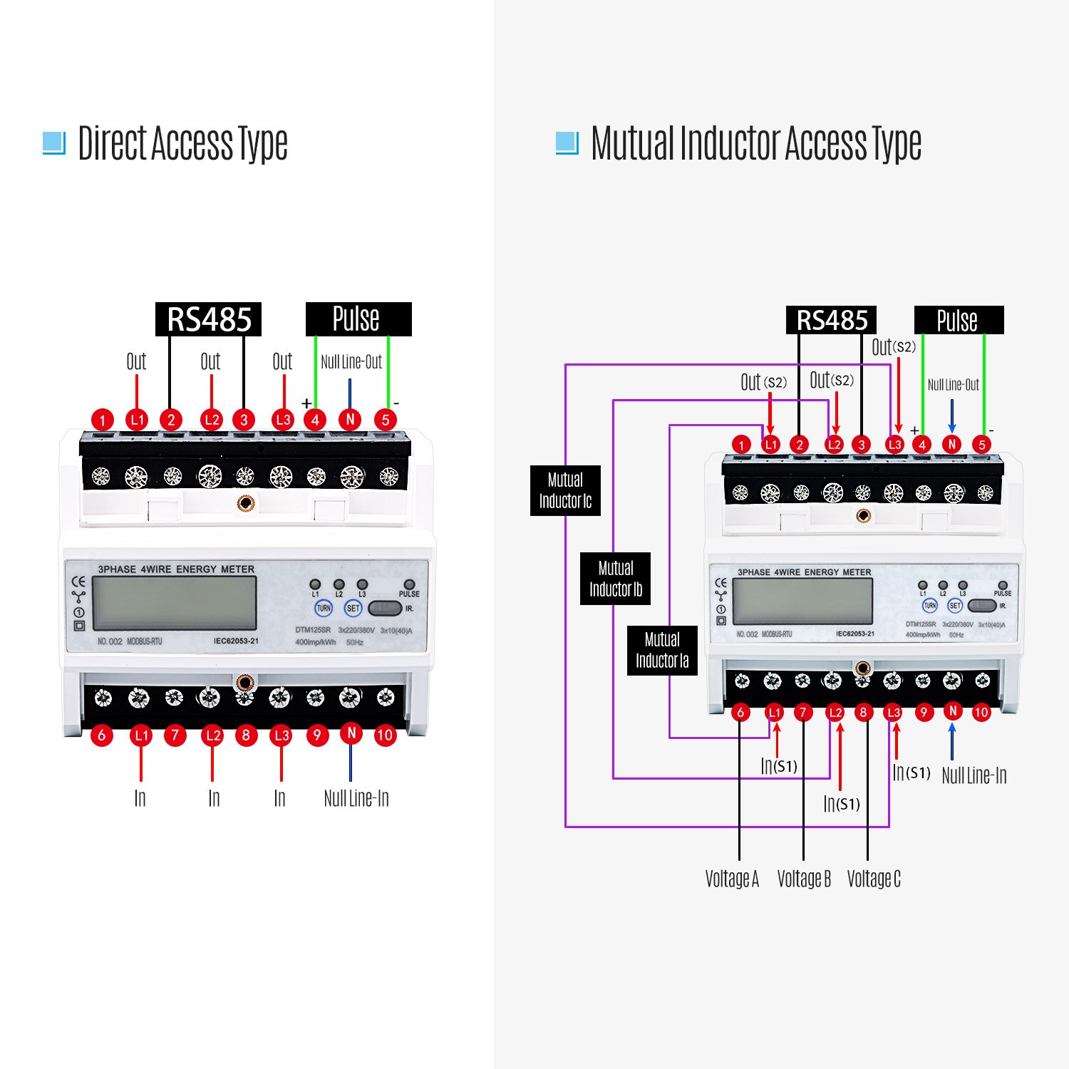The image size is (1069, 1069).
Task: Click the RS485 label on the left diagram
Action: coord(208,319)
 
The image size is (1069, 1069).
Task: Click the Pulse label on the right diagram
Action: coord(958,320)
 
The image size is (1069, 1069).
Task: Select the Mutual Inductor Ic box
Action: coord(565,490)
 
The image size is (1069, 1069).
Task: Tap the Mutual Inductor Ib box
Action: coord(615,579)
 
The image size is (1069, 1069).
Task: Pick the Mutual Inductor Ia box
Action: coord(662,650)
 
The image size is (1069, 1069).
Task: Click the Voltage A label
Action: coord(732,879)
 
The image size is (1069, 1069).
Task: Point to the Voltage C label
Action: coord(874,879)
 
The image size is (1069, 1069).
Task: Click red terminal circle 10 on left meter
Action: coord(385,735)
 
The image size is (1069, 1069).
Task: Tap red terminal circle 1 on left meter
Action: coord(103,420)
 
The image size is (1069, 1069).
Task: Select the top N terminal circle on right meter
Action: coord(951,444)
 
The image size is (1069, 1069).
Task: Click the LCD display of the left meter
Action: coord(175,603)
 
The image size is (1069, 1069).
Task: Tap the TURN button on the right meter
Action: coord(930,606)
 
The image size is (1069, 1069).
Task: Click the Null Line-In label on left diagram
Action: coord(356,798)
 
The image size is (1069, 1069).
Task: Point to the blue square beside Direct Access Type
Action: coord(54,143)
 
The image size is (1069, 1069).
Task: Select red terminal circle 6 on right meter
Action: coord(740,712)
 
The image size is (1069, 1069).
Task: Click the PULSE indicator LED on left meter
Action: coord(409,584)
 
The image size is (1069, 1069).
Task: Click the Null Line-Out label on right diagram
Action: coord(953,385)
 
